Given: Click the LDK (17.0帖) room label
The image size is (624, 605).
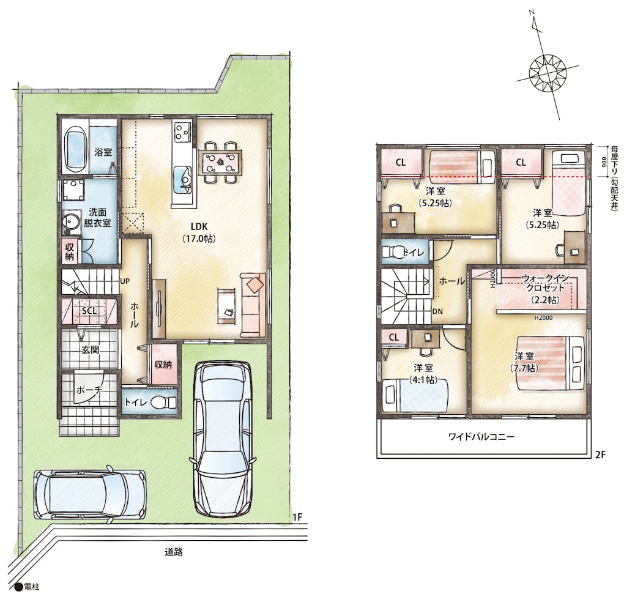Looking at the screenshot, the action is (x=199, y=232).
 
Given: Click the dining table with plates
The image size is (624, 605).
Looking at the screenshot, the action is (x=220, y=162).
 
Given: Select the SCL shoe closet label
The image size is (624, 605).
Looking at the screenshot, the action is (x=89, y=311).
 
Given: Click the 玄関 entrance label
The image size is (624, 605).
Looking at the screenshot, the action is (x=91, y=350).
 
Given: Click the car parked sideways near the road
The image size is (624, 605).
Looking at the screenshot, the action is (x=89, y=494).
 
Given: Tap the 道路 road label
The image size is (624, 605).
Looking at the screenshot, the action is (x=174, y=552).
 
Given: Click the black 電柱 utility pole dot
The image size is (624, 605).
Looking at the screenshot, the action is (x=18, y=587).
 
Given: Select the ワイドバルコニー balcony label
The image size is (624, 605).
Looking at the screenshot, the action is (x=481, y=437).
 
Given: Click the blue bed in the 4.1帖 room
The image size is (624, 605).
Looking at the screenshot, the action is (x=415, y=395).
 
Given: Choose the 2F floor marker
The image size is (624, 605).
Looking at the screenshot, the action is (x=600, y=454).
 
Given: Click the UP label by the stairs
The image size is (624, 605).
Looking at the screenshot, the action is (x=125, y=281).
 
